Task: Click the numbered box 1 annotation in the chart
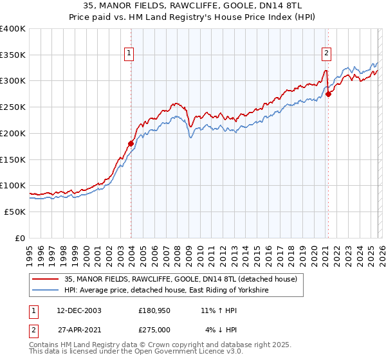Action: click(x=130, y=53)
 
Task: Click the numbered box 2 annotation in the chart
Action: click(x=327, y=53)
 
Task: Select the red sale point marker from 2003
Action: click(x=131, y=143)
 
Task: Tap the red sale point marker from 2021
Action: click(x=328, y=94)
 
